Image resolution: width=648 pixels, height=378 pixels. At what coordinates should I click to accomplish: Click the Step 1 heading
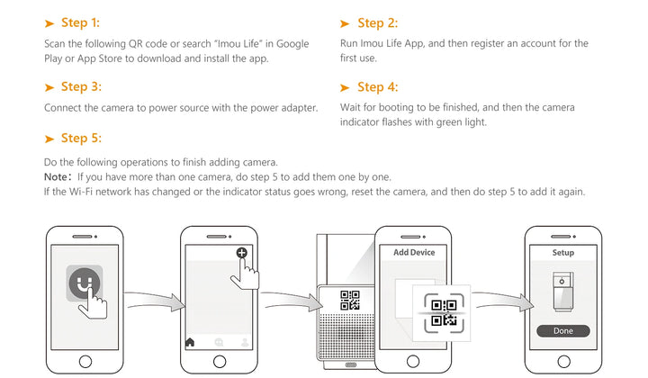(x=80, y=22)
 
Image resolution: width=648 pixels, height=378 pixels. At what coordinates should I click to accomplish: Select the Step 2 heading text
(x=377, y=22)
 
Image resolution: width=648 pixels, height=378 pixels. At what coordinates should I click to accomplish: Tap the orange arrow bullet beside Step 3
(x=49, y=87)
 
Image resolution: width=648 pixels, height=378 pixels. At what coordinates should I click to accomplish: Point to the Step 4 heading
(x=377, y=87)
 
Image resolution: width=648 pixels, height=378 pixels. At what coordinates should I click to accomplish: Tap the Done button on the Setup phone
(x=562, y=331)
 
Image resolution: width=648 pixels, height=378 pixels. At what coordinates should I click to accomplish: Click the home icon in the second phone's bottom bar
(x=190, y=342)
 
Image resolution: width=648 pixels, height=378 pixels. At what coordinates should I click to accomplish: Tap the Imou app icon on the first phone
(x=85, y=284)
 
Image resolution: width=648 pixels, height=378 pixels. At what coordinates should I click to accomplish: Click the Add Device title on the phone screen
(x=414, y=253)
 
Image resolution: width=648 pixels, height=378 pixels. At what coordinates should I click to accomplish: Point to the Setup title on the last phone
(x=562, y=253)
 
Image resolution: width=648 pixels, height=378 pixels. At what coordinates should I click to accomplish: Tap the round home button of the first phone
(x=85, y=362)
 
